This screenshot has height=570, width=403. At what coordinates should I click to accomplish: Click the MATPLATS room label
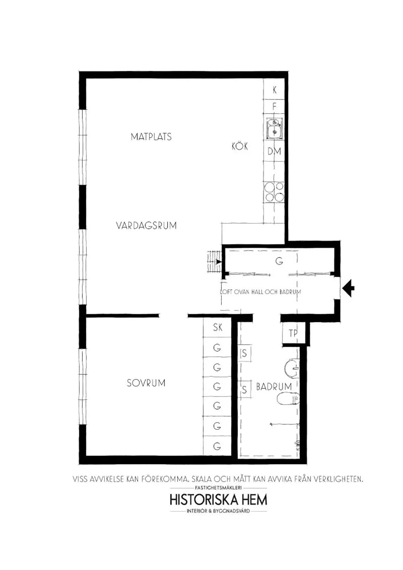coord(151,137)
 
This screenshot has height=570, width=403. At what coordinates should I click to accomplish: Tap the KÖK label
coord(239,146)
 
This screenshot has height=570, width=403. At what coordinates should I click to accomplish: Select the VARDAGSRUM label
coord(146,225)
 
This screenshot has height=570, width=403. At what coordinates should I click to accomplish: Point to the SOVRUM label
coord(146,383)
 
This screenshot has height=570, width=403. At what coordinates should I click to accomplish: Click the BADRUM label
coord(274,387)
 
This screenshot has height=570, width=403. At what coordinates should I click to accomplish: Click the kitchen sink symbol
coord(274,129)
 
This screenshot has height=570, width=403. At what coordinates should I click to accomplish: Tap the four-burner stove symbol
coord(274,192)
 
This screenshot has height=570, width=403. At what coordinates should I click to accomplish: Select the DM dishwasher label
coord(274,151)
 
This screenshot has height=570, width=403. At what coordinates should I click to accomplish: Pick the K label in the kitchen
coord(275,90)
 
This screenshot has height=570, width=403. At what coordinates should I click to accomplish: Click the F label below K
coord(275,107)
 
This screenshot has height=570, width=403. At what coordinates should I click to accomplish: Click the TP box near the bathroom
coord(293,333)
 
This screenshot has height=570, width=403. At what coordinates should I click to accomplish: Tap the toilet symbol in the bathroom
coord(289,399)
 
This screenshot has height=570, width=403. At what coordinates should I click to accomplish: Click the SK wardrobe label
coord(218,327)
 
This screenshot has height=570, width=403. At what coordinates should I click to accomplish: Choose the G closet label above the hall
coord(279,261)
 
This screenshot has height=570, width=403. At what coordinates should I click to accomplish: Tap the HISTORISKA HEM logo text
coord(218,500)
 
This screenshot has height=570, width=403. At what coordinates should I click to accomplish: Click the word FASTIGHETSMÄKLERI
coord(218,487)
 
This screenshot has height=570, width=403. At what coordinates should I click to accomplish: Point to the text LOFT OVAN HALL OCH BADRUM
coord(261,292)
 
